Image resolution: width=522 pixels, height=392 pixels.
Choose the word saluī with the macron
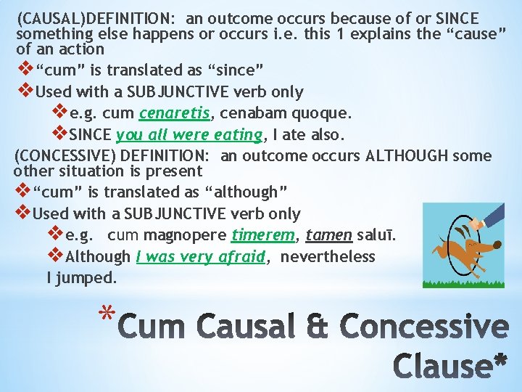point(378,235)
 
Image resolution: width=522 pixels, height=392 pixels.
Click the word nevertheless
point(328,256)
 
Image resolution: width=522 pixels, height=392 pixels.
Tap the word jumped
point(91,277)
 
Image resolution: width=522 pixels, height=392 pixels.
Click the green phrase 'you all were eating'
point(188,134)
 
